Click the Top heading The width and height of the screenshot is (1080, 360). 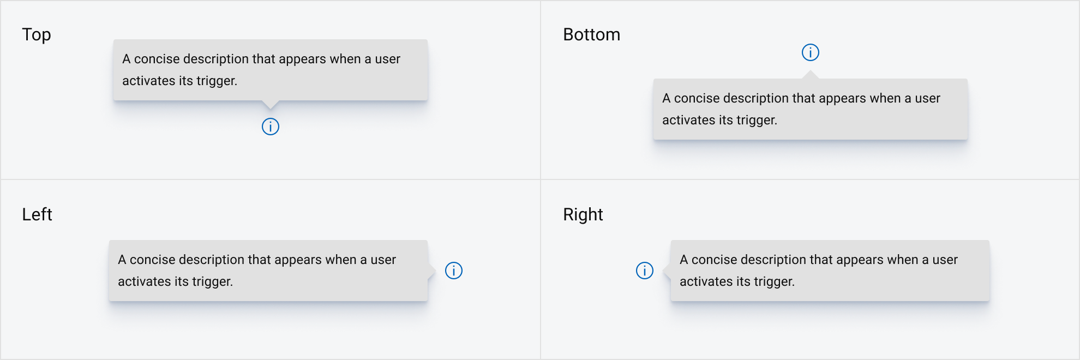(37, 35)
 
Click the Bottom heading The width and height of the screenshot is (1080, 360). (591, 35)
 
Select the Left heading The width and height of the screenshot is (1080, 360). (37, 214)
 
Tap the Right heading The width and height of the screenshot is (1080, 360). (583, 215)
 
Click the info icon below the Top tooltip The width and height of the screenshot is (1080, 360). (271, 127)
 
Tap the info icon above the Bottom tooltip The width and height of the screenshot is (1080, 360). (811, 52)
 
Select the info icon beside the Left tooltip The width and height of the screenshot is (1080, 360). (454, 271)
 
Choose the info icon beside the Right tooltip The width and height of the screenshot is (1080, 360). (645, 271)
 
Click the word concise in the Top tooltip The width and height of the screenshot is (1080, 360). (157, 59)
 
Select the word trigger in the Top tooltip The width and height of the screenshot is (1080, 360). (217, 81)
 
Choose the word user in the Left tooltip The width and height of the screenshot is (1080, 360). (383, 260)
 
